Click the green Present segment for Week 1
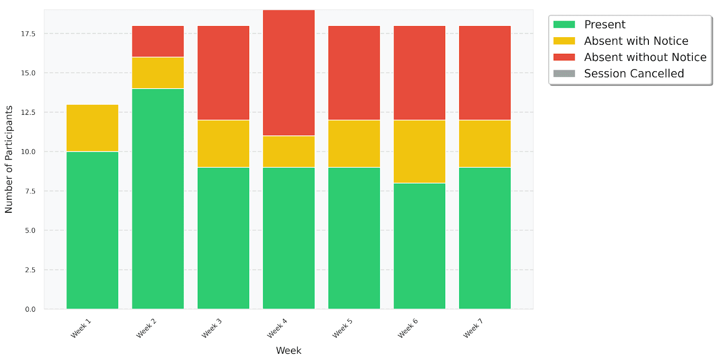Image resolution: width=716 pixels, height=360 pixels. point(92,230)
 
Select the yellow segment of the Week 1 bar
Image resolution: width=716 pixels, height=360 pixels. point(92,128)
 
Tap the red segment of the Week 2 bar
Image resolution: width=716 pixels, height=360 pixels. point(158,42)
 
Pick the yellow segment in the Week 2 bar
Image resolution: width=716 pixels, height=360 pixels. point(158,73)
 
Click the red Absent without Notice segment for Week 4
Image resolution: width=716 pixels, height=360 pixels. point(289,73)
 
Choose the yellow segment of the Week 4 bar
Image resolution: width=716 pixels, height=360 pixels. point(289,151)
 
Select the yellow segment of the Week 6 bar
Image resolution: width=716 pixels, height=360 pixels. point(419,151)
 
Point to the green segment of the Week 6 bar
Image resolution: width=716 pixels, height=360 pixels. point(419,246)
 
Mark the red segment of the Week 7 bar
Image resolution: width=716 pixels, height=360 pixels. point(485,73)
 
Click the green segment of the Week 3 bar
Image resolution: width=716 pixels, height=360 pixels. point(223,238)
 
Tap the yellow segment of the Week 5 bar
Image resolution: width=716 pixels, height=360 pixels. point(354,144)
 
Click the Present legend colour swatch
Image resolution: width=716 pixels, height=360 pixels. point(564,25)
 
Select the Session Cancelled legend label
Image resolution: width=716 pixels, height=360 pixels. point(634,73)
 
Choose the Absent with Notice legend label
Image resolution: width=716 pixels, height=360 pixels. point(636,41)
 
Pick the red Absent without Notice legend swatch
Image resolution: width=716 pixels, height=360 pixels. point(564,57)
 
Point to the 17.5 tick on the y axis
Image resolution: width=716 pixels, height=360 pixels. point(28,34)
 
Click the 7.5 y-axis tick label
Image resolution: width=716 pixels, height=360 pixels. point(30,191)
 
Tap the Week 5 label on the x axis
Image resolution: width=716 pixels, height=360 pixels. point(342,328)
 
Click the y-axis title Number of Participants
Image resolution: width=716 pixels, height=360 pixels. point(9,159)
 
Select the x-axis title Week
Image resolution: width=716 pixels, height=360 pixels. point(289,351)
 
